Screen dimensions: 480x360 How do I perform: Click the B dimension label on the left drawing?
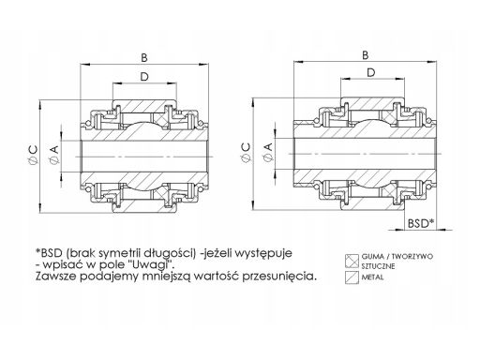[x=144, y=58]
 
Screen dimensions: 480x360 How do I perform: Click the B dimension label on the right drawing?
[x=365, y=55]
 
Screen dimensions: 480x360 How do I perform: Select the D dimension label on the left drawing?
[x=144, y=77]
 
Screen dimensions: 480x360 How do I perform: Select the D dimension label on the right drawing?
[x=371, y=73]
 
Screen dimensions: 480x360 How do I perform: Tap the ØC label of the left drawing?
[x=33, y=155]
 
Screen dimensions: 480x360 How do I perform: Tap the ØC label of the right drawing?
[x=247, y=153]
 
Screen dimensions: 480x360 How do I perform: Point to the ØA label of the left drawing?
[x=54, y=155]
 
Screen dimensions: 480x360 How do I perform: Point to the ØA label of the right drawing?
[x=268, y=153]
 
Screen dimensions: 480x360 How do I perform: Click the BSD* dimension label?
[x=421, y=223]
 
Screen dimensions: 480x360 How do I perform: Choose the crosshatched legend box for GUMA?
[x=352, y=261]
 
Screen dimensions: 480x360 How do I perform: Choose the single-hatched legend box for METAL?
[x=352, y=277]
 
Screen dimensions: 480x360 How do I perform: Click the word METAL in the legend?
[x=372, y=277]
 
